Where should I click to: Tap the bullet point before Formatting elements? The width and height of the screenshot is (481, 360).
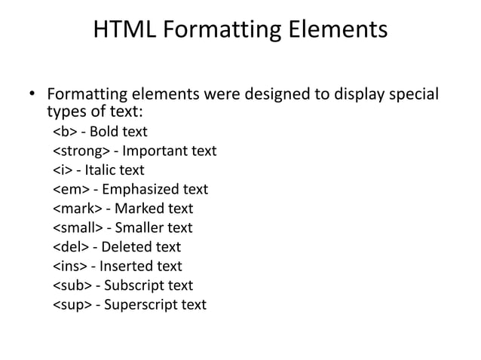pos(32,96)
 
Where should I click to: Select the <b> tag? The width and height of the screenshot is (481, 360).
pos(64,133)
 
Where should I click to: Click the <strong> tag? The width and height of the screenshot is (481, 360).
pos(81,151)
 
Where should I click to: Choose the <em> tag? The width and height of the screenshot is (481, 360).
pos(71,190)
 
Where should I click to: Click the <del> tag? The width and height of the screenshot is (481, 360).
pos(69,247)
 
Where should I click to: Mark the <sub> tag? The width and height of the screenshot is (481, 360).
pos(72,285)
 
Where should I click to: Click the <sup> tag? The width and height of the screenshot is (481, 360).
pos(72,304)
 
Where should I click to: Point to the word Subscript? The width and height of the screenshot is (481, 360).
pos(136,285)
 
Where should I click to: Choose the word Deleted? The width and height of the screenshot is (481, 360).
pos(129,247)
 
